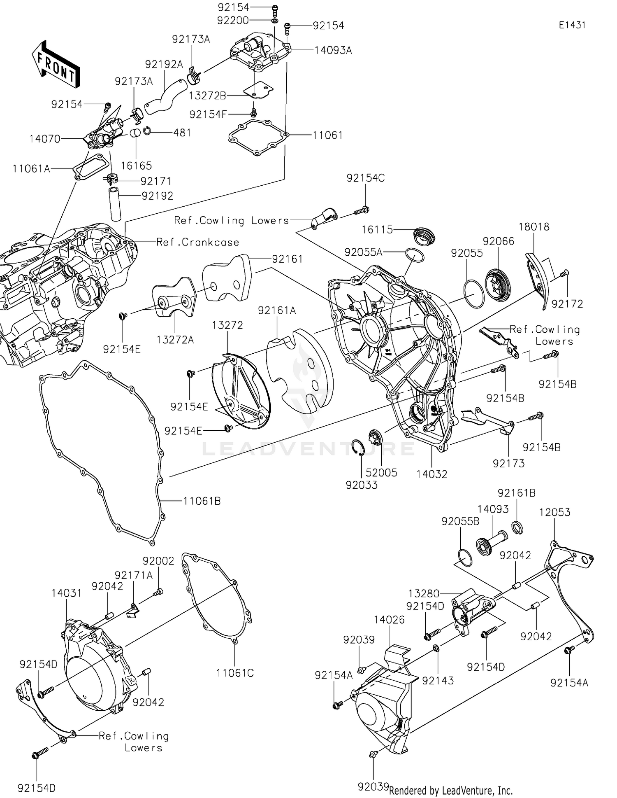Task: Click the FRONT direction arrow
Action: pos(56,64)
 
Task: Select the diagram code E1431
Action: pos(572,25)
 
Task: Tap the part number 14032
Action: pos(431,474)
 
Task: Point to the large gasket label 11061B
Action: pos(202,501)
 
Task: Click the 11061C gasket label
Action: pos(235,673)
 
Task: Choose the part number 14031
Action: pos(67,593)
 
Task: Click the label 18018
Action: pos(534,226)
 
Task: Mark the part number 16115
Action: pos(377,229)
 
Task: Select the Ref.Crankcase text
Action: pos(197,242)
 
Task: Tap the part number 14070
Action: pos(45,139)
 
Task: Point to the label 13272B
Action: pos(207,96)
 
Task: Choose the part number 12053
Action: pos(554,512)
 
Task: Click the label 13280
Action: pos(424,594)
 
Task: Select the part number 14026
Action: pos(389,620)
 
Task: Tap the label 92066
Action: pos(499,241)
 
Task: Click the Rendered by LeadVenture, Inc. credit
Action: pos(451,791)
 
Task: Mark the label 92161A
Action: pos(277,310)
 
